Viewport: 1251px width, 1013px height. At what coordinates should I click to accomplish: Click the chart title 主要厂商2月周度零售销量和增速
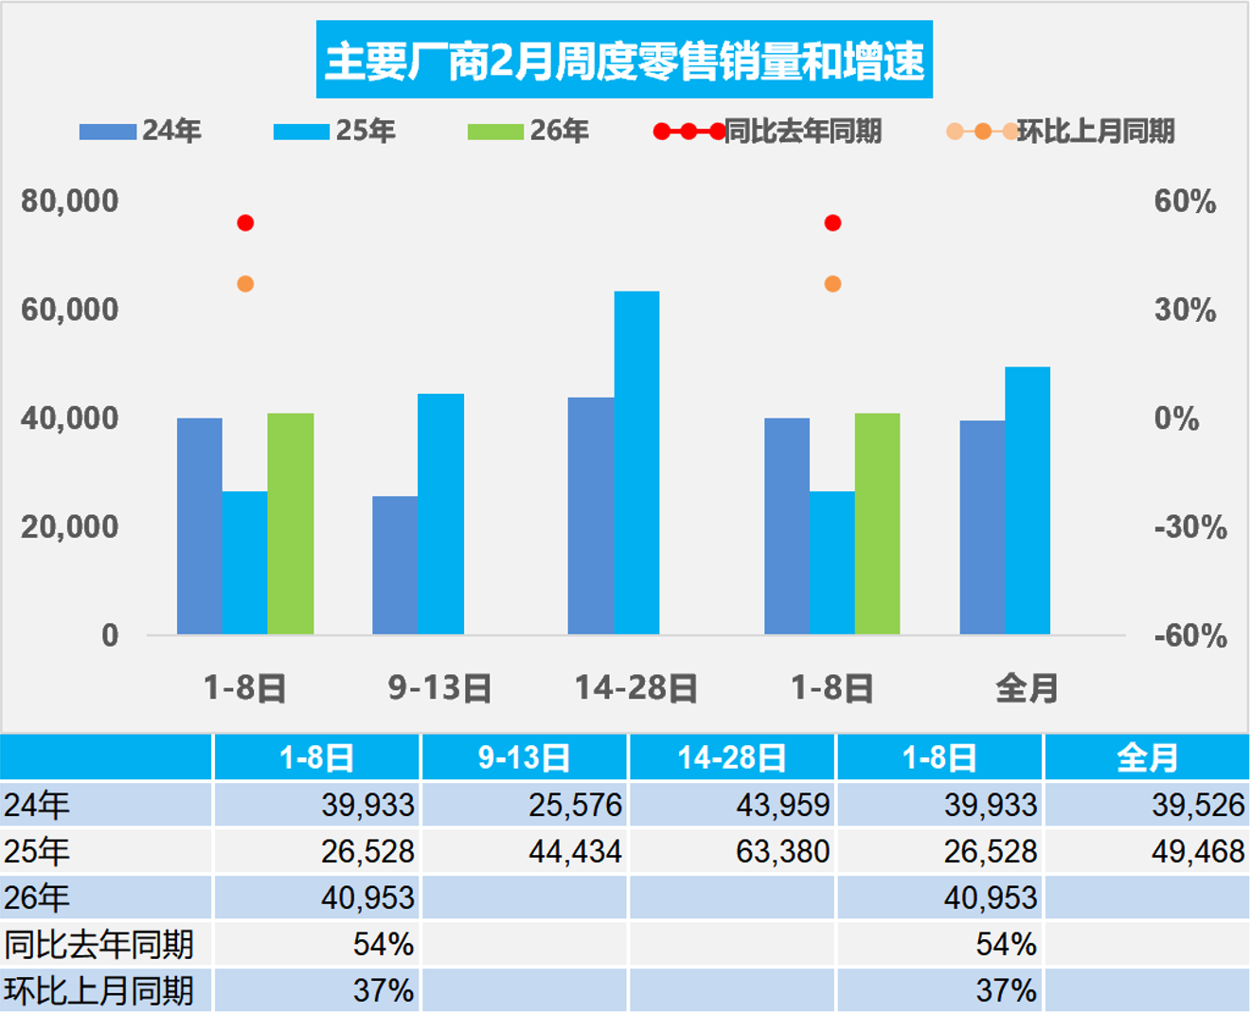pyautogui.click(x=624, y=61)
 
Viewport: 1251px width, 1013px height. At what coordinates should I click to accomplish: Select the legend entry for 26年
pyautogui.click(x=528, y=131)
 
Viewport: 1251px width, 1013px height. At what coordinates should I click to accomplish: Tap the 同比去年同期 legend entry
pyautogui.click(x=768, y=131)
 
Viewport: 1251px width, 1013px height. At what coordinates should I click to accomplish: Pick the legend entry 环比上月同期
pyautogui.click(x=1061, y=131)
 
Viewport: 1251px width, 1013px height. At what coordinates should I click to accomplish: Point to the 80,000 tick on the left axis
pyautogui.click(x=70, y=201)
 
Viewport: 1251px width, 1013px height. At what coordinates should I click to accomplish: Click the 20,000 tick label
pyautogui.click(x=70, y=526)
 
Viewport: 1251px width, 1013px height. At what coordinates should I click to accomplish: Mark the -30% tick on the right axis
pyautogui.click(x=1189, y=526)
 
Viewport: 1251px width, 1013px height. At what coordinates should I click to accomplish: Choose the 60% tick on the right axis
pyautogui.click(x=1184, y=201)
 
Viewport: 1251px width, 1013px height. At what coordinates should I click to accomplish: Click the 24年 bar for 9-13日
pyautogui.click(x=395, y=564)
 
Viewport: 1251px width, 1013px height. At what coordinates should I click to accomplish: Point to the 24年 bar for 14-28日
pyautogui.click(x=591, y=515)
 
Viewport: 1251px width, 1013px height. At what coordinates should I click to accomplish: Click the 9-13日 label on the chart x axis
pyautogui.click(x=440, y=688)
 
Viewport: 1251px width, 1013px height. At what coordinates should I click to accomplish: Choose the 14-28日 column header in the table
pyautogui.click(x=731, y=757)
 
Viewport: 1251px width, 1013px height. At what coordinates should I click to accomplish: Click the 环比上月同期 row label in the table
pyautogui.click(x=98, y=990)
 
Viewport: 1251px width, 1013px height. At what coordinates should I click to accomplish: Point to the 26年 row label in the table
pyautogui.click(x=37, y=897)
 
